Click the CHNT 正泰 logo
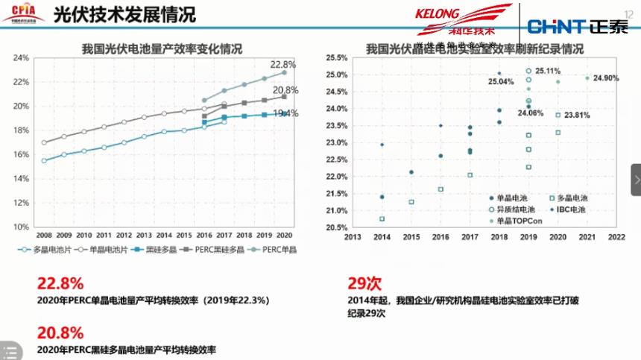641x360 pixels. coord(578,27)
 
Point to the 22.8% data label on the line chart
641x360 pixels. coord(283,64)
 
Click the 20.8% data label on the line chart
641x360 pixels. coord(286,89)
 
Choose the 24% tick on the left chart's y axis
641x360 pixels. coord(21,57)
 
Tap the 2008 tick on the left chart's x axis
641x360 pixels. coord(44,234)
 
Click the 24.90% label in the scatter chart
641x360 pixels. coord(606,78)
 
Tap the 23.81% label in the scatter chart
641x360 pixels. coord(577,116)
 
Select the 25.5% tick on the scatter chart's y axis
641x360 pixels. coord(338,57)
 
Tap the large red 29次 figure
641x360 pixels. coord(364,283)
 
